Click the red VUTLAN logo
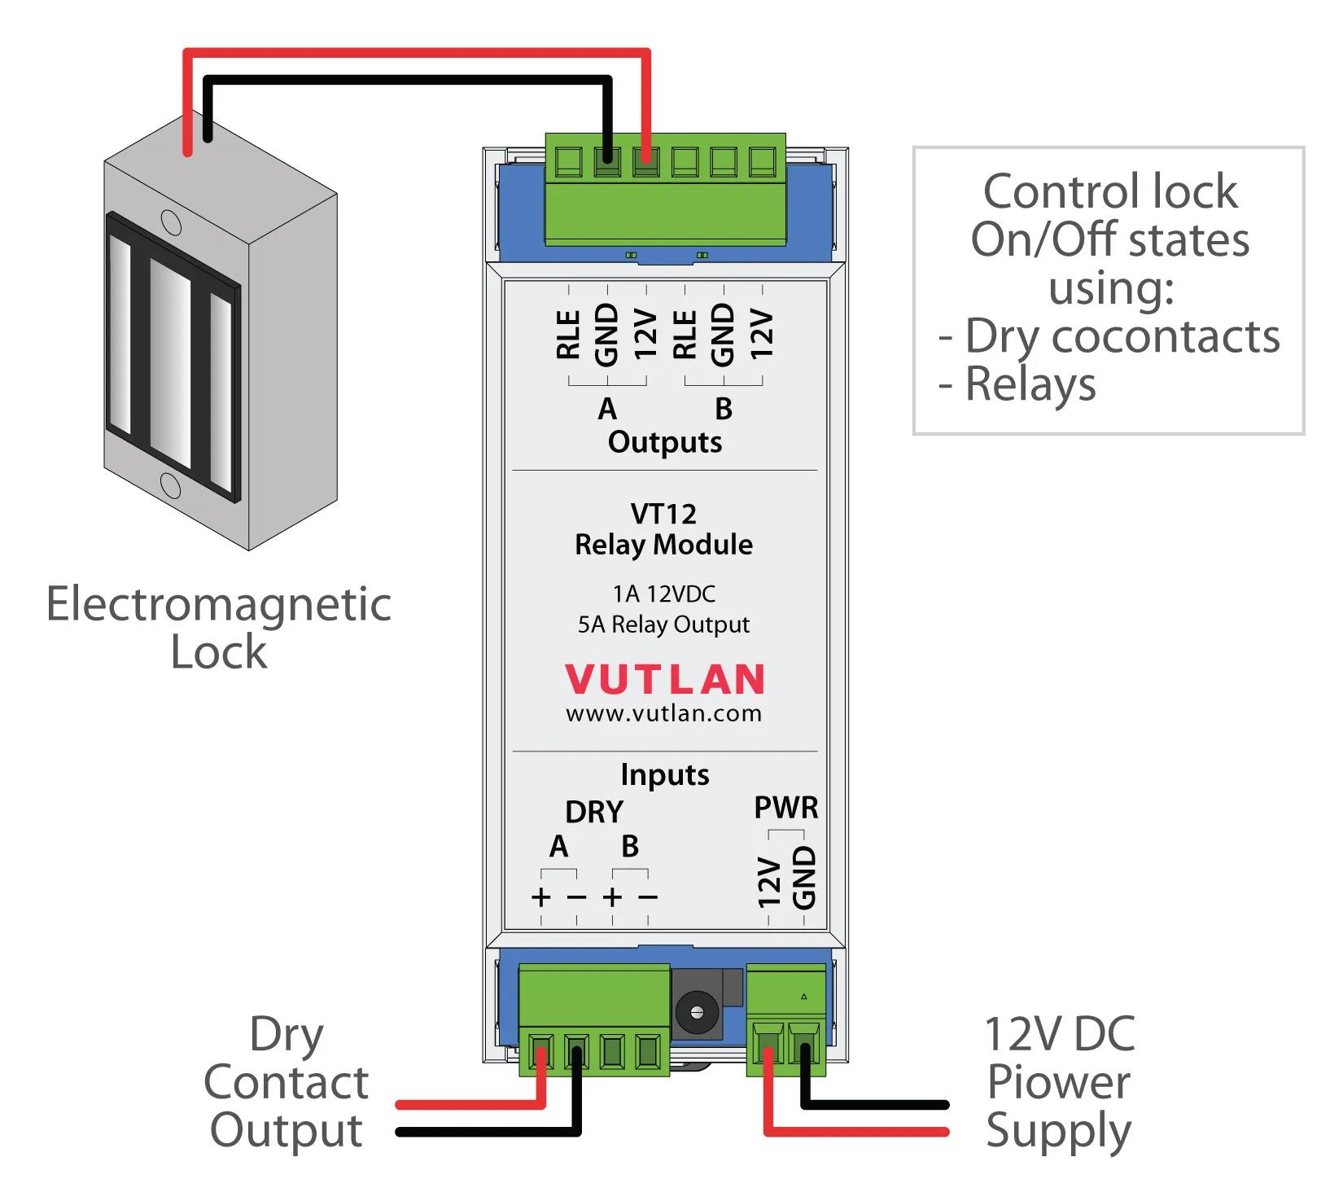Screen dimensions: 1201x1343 pos(664,679)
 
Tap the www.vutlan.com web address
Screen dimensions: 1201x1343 pos(663,713)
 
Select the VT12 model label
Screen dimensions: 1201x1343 pos(663,514)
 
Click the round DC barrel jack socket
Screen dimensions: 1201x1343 pos(697,1012)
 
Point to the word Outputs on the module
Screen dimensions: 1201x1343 pos(664,442)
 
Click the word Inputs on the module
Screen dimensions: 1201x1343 pos(664,774)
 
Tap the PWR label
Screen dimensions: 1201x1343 pos(785,808)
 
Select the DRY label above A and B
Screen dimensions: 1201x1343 pos(594,812)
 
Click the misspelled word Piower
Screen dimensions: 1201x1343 pos(1058,1082)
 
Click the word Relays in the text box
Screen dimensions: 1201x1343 pos(1030,384)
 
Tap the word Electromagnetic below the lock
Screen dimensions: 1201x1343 pos(218,604)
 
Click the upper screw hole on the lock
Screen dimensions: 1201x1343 pos(171,222)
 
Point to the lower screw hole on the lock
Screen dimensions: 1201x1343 pos(171,485)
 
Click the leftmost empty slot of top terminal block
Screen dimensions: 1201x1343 pos(568,161)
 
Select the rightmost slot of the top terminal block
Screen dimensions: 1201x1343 pos(762,161)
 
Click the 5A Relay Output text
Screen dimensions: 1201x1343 pos(663,625)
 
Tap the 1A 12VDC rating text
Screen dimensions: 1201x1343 pos(663,594)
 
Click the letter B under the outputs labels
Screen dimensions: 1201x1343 pos(724,409)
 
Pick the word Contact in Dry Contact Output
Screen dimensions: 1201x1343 pos(287,1082)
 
